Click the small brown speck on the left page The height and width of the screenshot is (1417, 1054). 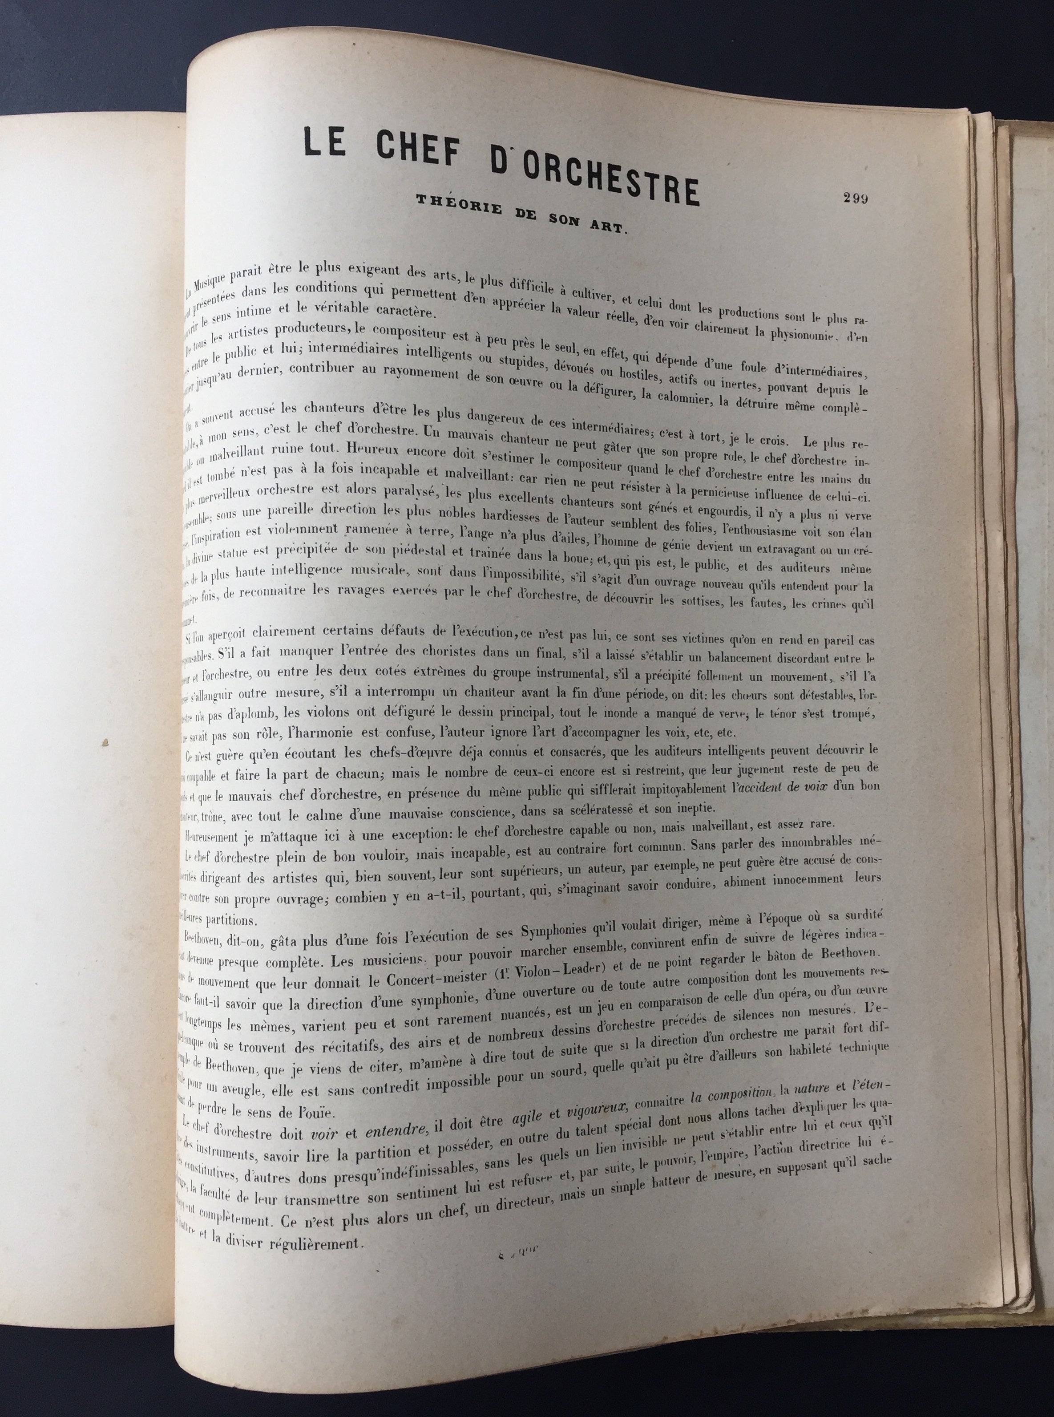(x=105, y=742)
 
